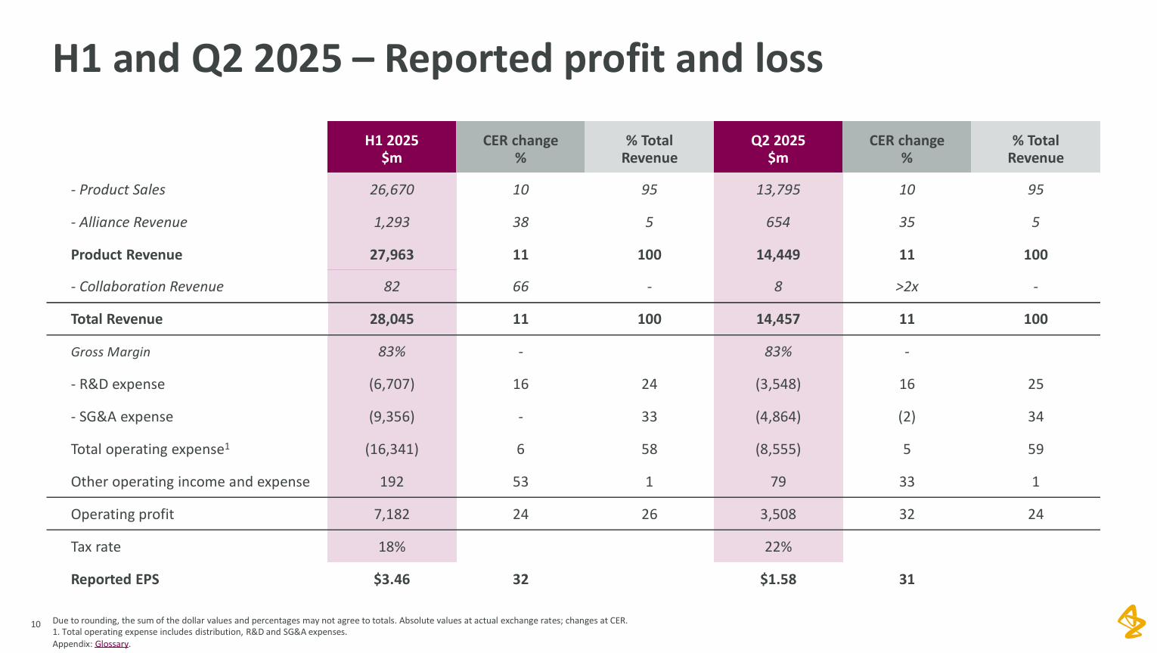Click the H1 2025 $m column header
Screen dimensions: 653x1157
tap(391, 148)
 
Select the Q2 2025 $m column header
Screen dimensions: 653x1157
tap(777, 148)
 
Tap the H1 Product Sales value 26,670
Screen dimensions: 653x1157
tap(392, 190)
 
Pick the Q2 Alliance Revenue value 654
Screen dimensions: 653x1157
tap(777, 222)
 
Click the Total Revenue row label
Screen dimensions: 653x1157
tap(116, 319)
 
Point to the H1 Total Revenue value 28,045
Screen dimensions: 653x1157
tap(392, 319)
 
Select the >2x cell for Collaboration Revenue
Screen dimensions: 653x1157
tap(907, 287)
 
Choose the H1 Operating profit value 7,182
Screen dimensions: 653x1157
tap(392, 515)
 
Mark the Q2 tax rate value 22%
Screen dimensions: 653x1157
tap(777, 547)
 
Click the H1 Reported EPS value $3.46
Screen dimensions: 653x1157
tap(392, 580)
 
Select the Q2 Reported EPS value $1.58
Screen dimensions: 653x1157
tap(777, 580)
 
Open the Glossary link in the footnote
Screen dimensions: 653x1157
tap(112, 644)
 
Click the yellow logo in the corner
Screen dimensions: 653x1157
tap(1131, 621)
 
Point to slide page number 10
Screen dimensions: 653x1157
tap(36, 624)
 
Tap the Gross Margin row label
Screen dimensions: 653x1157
tap(110, 352)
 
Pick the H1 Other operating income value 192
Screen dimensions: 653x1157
tap(392, 482)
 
